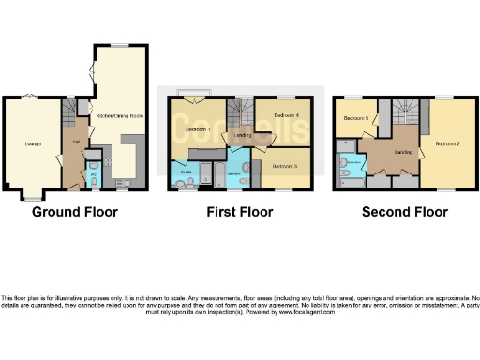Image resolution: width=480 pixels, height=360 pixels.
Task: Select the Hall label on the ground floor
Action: pyautogui.click(x=74, y=142)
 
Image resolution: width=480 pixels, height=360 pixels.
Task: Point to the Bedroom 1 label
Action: pyautogui.click(x=195, y=128)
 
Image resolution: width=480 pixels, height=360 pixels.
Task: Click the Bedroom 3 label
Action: pyautogui.click(x=285, y=165)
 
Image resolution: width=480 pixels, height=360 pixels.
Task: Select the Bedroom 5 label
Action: pyautogui.click(x=353, y=118)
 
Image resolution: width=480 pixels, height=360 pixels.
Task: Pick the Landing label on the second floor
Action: pyautogui.click(x=404, y=153)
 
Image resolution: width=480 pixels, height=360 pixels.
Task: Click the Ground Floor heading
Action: pyautogui.click(x=75, y=212)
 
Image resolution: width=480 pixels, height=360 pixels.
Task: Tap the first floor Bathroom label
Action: pyautogui.click(x=235, y=173)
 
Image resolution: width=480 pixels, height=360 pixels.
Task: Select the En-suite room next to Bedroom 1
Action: pyautogui.click(x=186, y=173)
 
